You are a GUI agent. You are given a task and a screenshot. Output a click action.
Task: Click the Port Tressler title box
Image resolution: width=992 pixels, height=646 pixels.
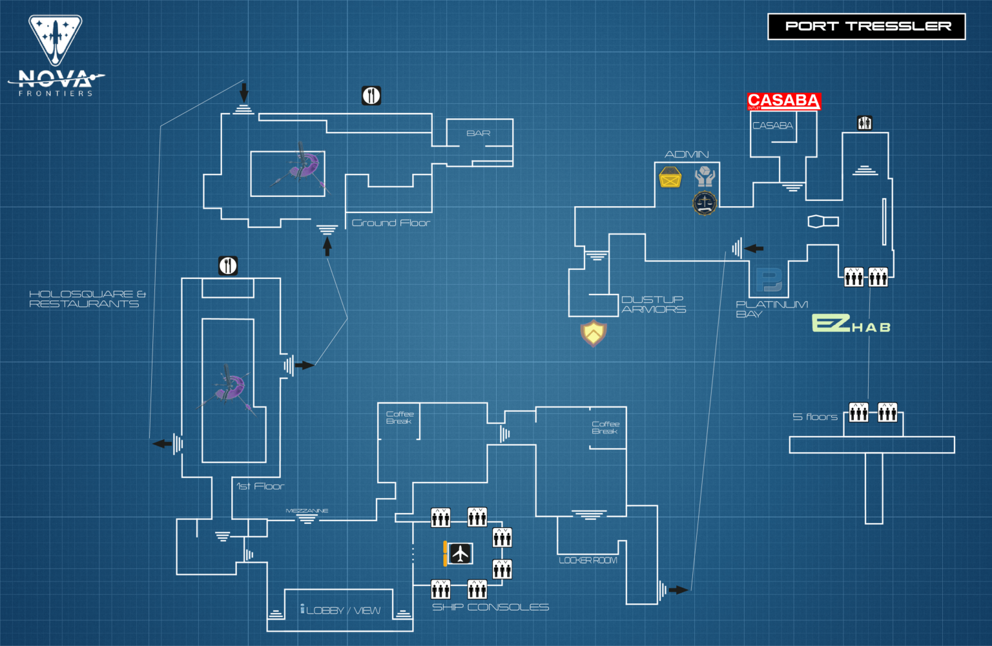coord(866,26)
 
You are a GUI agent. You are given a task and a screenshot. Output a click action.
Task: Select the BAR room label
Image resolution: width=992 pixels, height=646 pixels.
coord(479,133)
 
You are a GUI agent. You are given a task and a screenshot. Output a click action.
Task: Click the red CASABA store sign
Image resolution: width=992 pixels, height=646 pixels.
coord(783,101)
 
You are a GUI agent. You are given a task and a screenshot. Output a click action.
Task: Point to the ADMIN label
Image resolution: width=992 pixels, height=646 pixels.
coord(687,154)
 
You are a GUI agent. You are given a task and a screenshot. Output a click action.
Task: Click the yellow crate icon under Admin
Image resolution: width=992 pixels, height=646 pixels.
coord(670,177)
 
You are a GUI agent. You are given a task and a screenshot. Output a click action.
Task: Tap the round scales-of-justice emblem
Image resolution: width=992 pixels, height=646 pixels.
coord(705,203)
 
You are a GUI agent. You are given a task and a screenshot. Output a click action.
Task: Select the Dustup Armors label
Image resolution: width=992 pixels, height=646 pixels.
coord(653,304)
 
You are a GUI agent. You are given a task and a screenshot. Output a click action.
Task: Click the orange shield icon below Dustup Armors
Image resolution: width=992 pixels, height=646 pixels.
coord(593,333)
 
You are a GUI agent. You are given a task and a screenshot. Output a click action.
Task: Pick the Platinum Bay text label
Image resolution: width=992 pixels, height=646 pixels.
coord(771,309)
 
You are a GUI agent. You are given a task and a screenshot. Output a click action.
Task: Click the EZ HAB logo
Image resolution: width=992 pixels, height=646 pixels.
coord(851,324)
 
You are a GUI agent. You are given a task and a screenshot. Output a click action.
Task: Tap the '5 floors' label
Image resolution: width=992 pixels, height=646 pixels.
coord(815,417)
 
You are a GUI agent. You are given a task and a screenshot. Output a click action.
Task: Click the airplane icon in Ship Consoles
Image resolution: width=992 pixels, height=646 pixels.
coord(460,554)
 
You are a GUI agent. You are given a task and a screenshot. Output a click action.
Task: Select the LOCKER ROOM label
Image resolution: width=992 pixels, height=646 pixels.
coord(588,560)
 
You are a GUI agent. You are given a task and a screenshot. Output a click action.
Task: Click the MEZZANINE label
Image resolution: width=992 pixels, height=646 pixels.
coord(307,510)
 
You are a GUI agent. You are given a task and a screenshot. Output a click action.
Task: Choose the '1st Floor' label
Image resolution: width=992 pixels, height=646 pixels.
coord(260,486)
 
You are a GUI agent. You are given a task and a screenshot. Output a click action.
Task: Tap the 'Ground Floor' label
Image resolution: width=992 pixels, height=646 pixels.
coord(391,223)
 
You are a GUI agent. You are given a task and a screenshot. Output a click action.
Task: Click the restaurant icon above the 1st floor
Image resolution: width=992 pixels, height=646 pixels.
coord(228,266)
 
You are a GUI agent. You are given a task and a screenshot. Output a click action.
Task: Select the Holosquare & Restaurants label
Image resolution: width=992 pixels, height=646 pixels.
coord(87,298)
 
